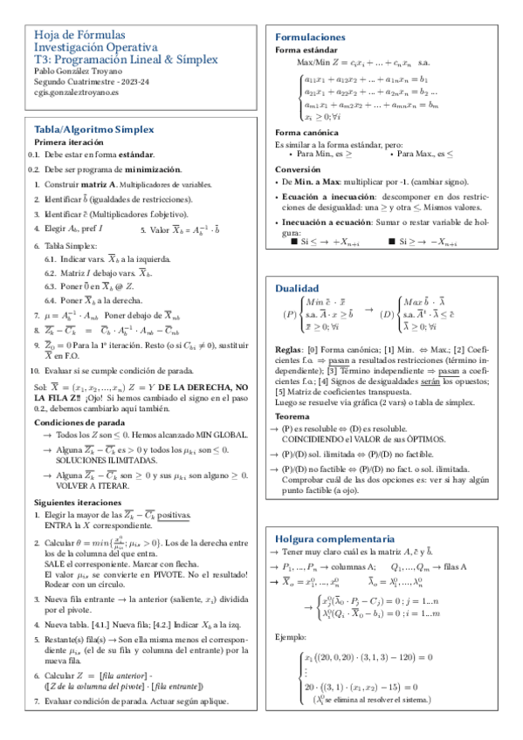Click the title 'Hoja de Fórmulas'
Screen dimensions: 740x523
[x=72, y=35]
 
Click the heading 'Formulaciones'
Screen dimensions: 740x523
[x=311, y=38]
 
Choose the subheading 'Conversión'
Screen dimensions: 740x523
[x=298, y=168]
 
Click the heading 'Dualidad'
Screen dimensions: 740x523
[x=298, y=288]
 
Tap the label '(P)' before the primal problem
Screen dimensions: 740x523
[x=290, y=313]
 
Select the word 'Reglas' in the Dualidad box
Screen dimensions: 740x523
[x=289, y=349]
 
